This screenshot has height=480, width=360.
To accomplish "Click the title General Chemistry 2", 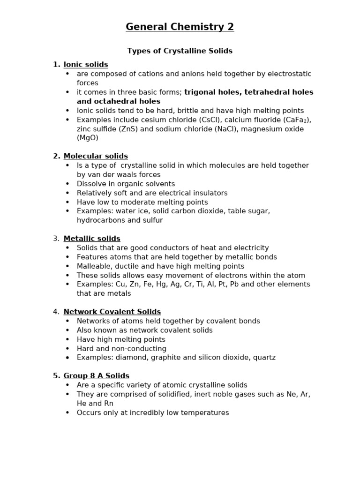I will (x=180, y=27).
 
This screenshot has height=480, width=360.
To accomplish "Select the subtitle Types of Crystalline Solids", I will (x=180, y=51).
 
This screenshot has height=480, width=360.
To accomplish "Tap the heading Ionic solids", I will (x=86, y=65).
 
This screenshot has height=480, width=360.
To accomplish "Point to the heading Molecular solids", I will (x=96, y=156).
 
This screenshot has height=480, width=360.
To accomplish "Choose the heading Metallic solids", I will (x=92, y=239).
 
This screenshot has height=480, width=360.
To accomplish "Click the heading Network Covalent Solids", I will (x=112, y=312).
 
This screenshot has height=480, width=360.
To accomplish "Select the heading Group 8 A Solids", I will (x=96, y=376).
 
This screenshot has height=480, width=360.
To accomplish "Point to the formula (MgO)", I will (x=88, y=138).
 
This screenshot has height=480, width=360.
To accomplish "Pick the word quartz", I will (x=263, y=358).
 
